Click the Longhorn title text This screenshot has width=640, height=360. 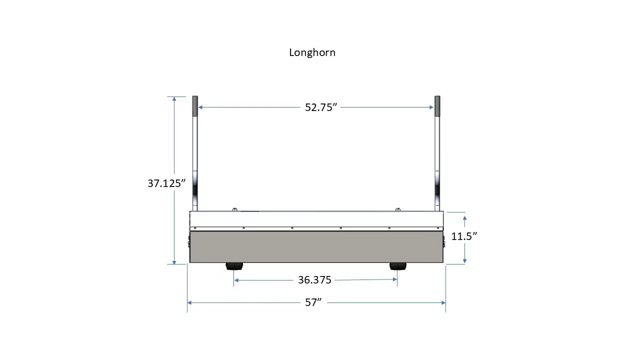tap(312, 52)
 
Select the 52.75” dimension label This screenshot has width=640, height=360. tap(321, 107)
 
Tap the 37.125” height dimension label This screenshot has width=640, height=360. tap(166, 183)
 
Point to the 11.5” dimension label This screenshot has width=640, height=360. tap(464, 236)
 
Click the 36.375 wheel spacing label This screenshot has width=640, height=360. tap(314, 280)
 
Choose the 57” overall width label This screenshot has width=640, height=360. tap(313, 302)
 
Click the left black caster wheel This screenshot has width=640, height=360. tap(234, 266)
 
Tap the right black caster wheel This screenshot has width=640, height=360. tap(397, 266)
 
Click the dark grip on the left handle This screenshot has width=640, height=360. tap(195, 106)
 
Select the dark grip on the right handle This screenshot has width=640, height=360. tap(437, 106)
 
